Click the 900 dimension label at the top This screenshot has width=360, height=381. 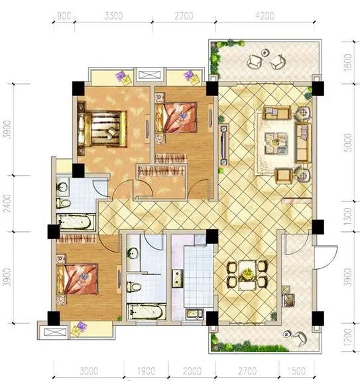64,16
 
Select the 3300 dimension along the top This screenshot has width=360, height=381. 113,16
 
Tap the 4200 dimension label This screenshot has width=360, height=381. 265,16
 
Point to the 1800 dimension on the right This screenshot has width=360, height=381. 348,62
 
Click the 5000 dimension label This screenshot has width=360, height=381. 348,142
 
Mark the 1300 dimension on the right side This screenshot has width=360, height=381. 348,216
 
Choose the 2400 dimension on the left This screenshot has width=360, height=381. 8,203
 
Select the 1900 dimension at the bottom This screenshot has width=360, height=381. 146,371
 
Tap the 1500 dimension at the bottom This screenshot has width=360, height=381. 296,371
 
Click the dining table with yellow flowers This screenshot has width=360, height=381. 247,275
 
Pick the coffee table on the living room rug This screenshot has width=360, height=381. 276,143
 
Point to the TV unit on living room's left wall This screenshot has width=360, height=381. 223,145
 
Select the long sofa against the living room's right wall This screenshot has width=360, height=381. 303,143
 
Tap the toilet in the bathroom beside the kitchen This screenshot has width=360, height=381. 134,286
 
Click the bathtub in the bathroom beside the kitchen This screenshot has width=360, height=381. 146,312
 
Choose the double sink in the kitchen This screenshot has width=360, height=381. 178,278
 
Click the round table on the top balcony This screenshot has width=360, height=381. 265,53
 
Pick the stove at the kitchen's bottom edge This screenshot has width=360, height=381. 195,314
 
